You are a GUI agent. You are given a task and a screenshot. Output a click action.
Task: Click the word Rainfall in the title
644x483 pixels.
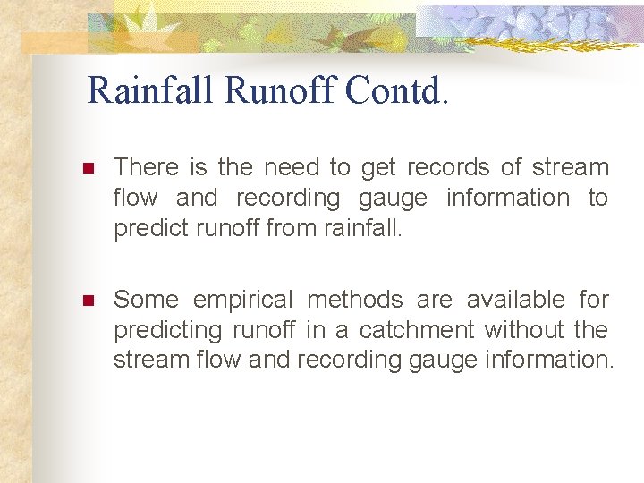point(151,90)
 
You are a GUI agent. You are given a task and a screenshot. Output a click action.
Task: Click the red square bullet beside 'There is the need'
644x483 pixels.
point(87,168)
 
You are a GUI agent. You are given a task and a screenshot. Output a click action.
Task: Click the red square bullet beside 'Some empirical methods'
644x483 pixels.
point(87,301)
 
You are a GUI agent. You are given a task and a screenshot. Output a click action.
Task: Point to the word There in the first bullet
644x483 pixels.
point(147,167)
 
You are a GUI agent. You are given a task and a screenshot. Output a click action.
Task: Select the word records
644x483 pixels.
point(448,167)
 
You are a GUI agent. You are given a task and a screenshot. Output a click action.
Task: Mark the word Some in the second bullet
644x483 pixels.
point(146,300)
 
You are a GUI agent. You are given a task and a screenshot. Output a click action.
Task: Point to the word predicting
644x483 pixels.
point(167,331)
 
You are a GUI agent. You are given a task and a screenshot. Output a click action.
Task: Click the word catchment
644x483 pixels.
point(417,330)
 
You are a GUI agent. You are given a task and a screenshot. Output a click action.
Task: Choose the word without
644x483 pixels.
point(523,330)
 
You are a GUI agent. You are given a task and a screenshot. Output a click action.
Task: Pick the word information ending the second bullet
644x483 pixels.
point(559,360)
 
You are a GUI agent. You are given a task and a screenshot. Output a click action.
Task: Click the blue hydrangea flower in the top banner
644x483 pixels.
point(537,25)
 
